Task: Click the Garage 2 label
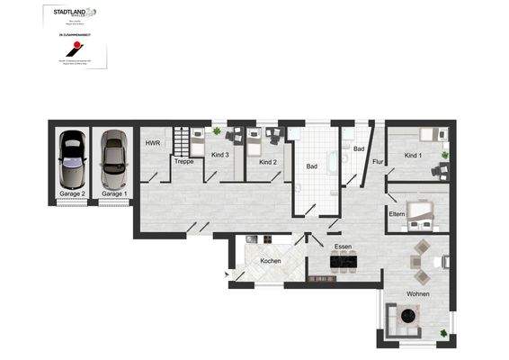pos(71,193)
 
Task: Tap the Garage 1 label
pos(113,193)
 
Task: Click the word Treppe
pos(183,162)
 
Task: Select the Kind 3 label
pos(220,155)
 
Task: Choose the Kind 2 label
pos(267,162)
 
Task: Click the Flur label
pos(378,162)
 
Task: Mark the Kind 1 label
pos(413,156)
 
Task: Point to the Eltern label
pos(397,214)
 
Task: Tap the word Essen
pos(343,246)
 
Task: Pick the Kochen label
pos(271,261)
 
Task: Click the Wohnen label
pos(417,294)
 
